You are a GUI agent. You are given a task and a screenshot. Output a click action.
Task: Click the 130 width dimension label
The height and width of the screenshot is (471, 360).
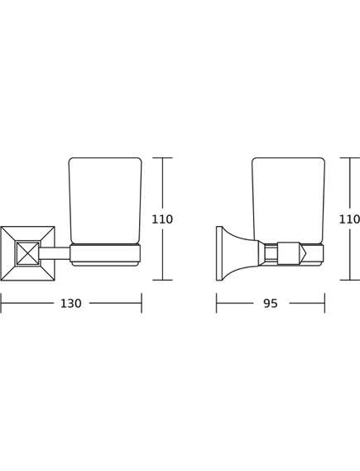[71, 304]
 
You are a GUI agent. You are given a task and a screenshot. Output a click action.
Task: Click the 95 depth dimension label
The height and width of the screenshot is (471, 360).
[271, 304]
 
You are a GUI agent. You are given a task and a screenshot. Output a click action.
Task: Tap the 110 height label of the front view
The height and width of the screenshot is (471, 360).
[162, 219]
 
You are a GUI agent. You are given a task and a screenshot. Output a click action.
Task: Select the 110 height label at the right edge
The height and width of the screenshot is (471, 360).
[349, 219]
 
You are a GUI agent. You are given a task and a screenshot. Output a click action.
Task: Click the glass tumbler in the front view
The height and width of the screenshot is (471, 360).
[105, 200]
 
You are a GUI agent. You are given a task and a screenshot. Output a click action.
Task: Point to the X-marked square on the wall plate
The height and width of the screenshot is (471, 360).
[27, 253]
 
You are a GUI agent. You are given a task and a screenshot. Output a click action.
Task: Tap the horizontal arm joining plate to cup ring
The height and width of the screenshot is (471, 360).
[55, 253]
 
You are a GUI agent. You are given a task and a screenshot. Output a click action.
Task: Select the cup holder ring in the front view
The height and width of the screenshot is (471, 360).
[105, 255]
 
